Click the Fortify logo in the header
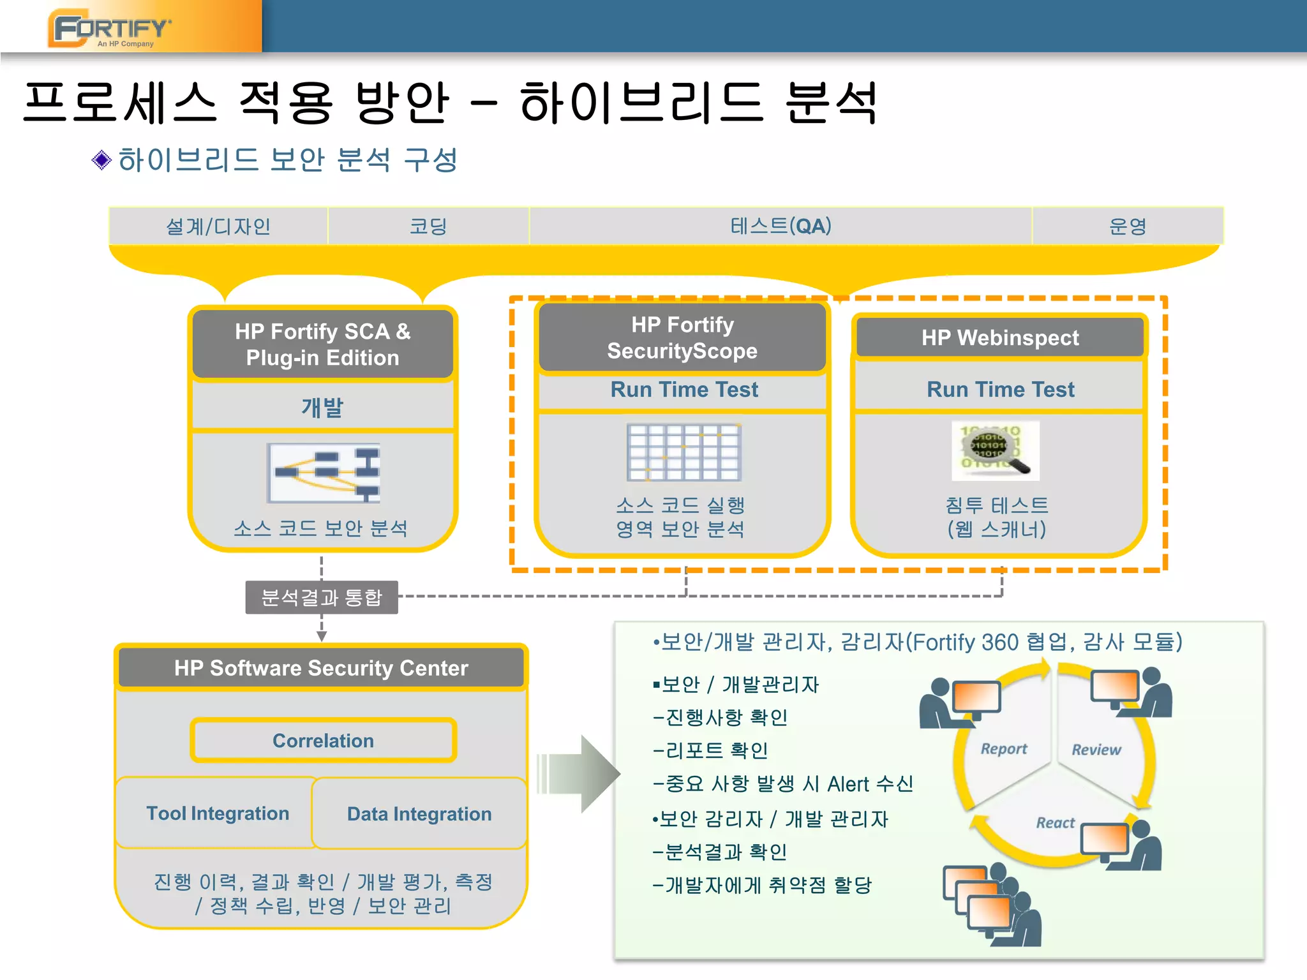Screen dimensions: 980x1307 pyautogui.click(x=110, y=29)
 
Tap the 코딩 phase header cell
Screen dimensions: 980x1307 pyautogui.click(x=428, y=226)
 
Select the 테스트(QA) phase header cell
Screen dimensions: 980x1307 pyautogui.click(x=780, y=226)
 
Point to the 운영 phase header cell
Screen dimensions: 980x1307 pyautogui.click(x=1127, y=226)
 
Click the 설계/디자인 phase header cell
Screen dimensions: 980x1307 pyautogui.click(x=218, y=226)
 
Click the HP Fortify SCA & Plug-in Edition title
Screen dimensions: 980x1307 pyautogui.click(x=323, y=345)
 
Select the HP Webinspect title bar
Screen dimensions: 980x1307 pyautogui.click(x=999, y=338)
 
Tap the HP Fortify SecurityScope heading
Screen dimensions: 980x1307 pyautogui.click(x=682, y=338)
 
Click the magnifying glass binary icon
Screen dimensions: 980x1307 pyautogui.click(x=995, y=450)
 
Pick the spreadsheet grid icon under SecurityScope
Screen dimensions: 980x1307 pyautogui.click(x=683, y=452)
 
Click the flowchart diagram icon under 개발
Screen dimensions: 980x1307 pyautogui.click(x=324, y=473)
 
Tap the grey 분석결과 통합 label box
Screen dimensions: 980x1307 pyautogui.click(x=322, y=597)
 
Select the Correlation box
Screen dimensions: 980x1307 pyautogui.click(x=323, y=740)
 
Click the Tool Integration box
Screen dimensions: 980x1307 pyautogui.click(x=218, y=813)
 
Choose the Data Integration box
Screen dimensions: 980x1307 pyautogui.click(x=419, y=813)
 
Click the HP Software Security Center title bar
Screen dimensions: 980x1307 pyautogui.click(x=321, y=667)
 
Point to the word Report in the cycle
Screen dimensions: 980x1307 pyautogui.click(x=1003, y=748)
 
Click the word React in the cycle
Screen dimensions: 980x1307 pyautogui.click(x=1055, y=822)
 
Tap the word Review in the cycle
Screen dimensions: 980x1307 pyautogui.click(x=1096, y=749)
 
